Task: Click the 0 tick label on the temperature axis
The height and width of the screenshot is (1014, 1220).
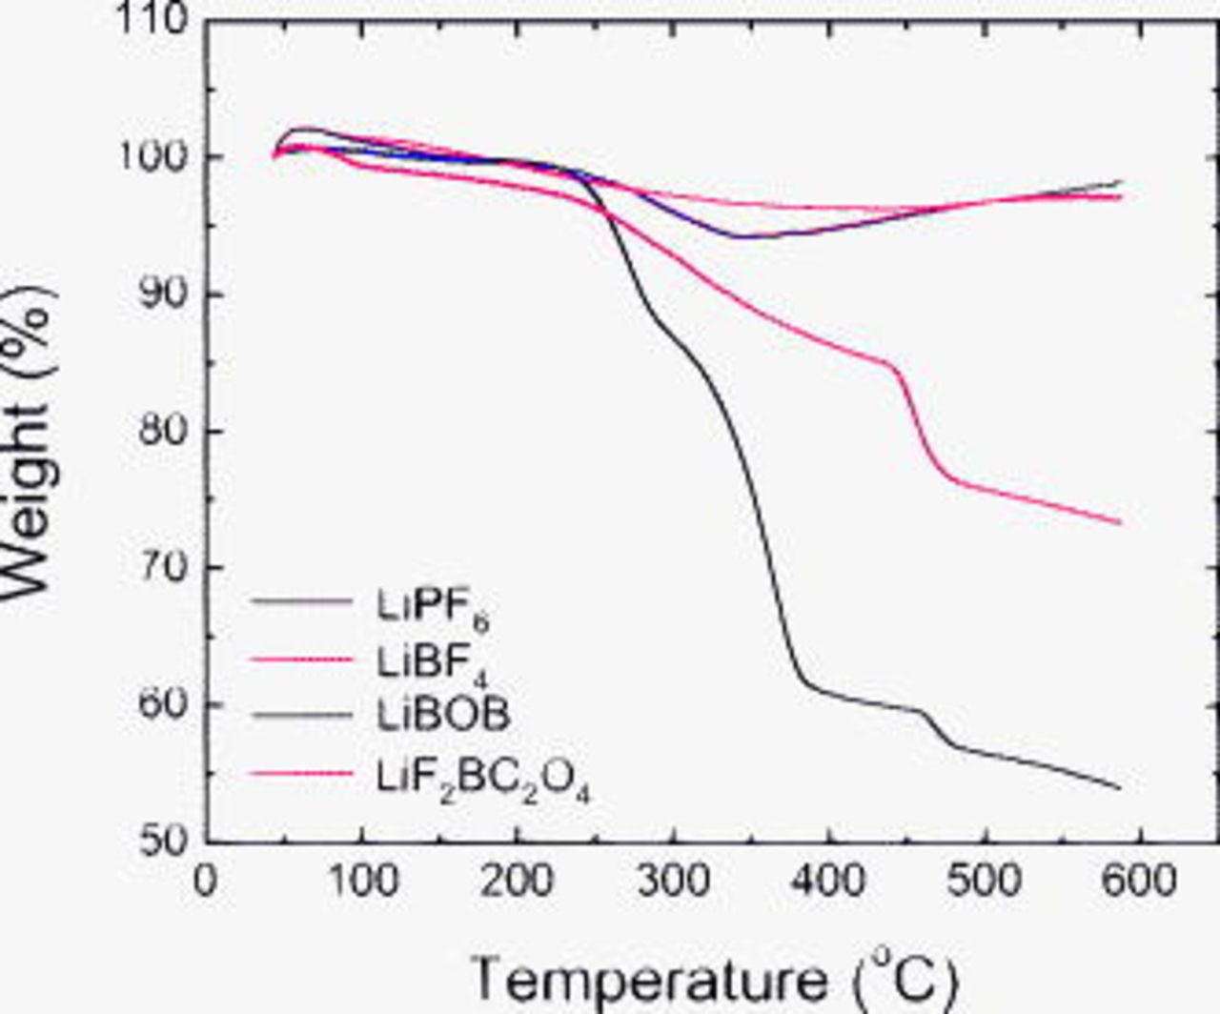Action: point(205,882)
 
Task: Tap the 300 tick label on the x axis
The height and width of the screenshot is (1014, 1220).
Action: point(672,882)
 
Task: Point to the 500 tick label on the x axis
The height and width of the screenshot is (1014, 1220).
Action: point(984,882)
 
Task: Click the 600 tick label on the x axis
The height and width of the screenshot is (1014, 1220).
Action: point(1139,882)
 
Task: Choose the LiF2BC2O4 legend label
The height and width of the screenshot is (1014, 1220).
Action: point(482,776)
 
